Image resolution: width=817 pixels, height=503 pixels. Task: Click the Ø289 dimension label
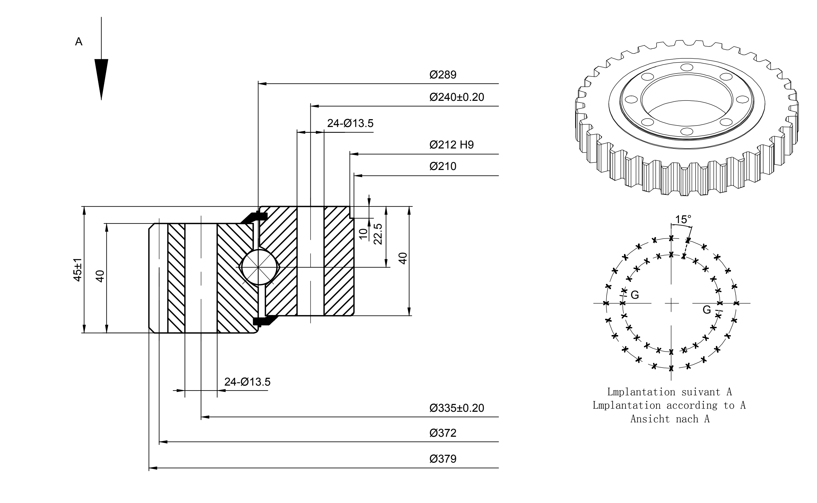(443, 74)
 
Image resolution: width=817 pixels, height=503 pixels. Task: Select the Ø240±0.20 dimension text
(457, 97)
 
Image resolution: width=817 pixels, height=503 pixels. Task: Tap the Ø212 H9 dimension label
(451, 145)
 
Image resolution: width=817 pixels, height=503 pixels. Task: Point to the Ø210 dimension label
(443, 166)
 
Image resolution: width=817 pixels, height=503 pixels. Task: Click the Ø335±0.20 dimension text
(457, 408)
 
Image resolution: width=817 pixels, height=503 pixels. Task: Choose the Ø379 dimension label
(443, 459)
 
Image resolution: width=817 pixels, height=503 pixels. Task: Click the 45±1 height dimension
(78, 269)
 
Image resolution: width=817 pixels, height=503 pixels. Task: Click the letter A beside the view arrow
(79, 42)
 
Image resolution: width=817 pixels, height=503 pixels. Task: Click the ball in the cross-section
(258, 267)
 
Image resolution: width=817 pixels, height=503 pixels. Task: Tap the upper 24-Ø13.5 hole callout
(350, 123)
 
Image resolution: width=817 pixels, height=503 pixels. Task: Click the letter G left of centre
(635, 295)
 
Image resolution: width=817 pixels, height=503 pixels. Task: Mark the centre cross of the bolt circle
(671, 303)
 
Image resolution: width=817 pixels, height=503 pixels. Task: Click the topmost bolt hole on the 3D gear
(686, 67)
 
